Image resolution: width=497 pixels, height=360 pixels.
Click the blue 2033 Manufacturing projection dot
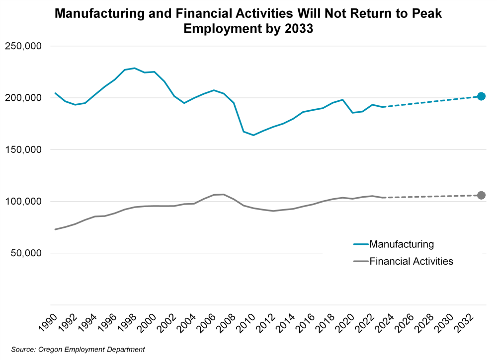click(481, 96)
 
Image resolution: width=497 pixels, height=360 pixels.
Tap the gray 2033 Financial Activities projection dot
click(481, 195)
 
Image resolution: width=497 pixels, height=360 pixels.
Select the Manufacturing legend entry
click(402, 244)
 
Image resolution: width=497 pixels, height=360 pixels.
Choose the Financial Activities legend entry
click(411, 261)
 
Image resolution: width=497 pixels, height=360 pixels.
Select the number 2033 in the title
click(298, 29)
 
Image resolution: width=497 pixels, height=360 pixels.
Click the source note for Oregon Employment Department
click(78, 350)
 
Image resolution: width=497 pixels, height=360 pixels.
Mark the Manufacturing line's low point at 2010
click(253, 135)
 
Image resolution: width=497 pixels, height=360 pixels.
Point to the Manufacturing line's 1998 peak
click(135, 68)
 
